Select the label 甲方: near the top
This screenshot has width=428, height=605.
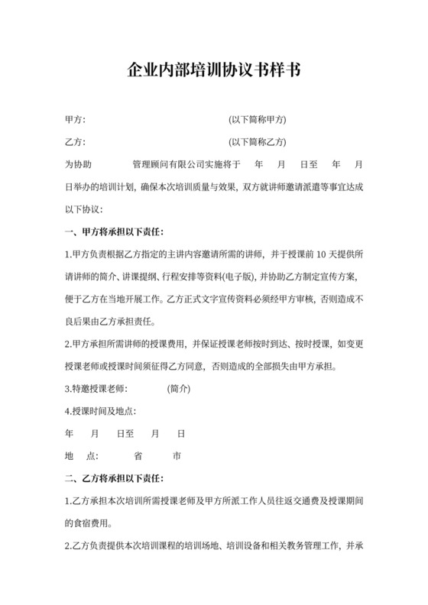pyautogui.click(x=75, y=120)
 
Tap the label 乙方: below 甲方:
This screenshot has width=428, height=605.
pyautogui.click(x=75, y=142)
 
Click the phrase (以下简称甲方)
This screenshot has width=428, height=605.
pyautogui.click(x=258, y=120)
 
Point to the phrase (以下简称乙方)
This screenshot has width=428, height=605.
pyautogui.click(x=258, y=142)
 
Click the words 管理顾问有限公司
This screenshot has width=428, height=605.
pyautogui.click(x=170, y=164)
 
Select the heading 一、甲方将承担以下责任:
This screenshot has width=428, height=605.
pyautogui.click(x=115, y=231)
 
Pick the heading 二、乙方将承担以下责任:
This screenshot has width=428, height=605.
pyautogui.click(x=115, y=479)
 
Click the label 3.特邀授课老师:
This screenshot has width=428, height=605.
pyautogui.click(x=95, y=389)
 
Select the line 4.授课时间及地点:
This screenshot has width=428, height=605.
pyautogui.click(x=100, y=412)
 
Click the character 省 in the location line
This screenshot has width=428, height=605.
pyautogui.click(x=138, y=456)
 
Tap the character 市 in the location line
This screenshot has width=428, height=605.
pyautogui.click(x=177, y=456)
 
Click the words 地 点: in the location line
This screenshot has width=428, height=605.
pyautogui.click(x=82, y=456)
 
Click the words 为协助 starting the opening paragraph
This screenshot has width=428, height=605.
pyautogui.click(x=78, y=164)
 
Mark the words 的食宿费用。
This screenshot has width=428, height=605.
pyautogui.click(x=91, y=524)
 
